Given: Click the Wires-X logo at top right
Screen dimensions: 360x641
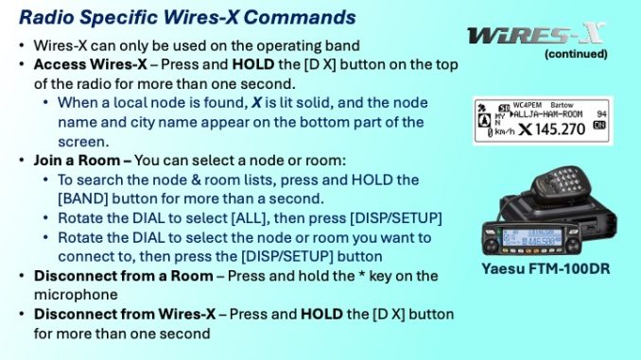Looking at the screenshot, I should point(535,35).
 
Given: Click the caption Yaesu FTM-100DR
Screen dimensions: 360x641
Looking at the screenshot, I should point(544,269).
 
